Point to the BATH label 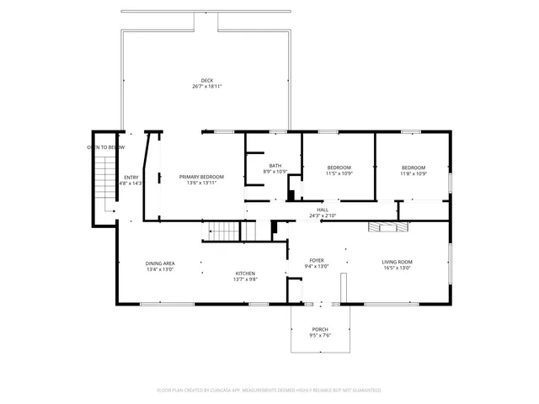(275, 165)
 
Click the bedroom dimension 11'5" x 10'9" (339, 173)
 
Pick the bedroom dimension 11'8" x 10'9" (413, 173)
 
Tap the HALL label (322, 210)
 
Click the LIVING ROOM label (398, 261)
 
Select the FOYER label (317, 261)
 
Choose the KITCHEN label (245, 274)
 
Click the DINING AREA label (160, 263)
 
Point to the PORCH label (320, 329)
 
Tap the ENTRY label (131, 177)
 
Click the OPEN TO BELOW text (106, 147)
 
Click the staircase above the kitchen (224, 231)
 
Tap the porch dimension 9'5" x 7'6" (320, 336)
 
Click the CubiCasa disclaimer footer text (269, 391)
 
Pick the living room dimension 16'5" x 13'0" (398, 268)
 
